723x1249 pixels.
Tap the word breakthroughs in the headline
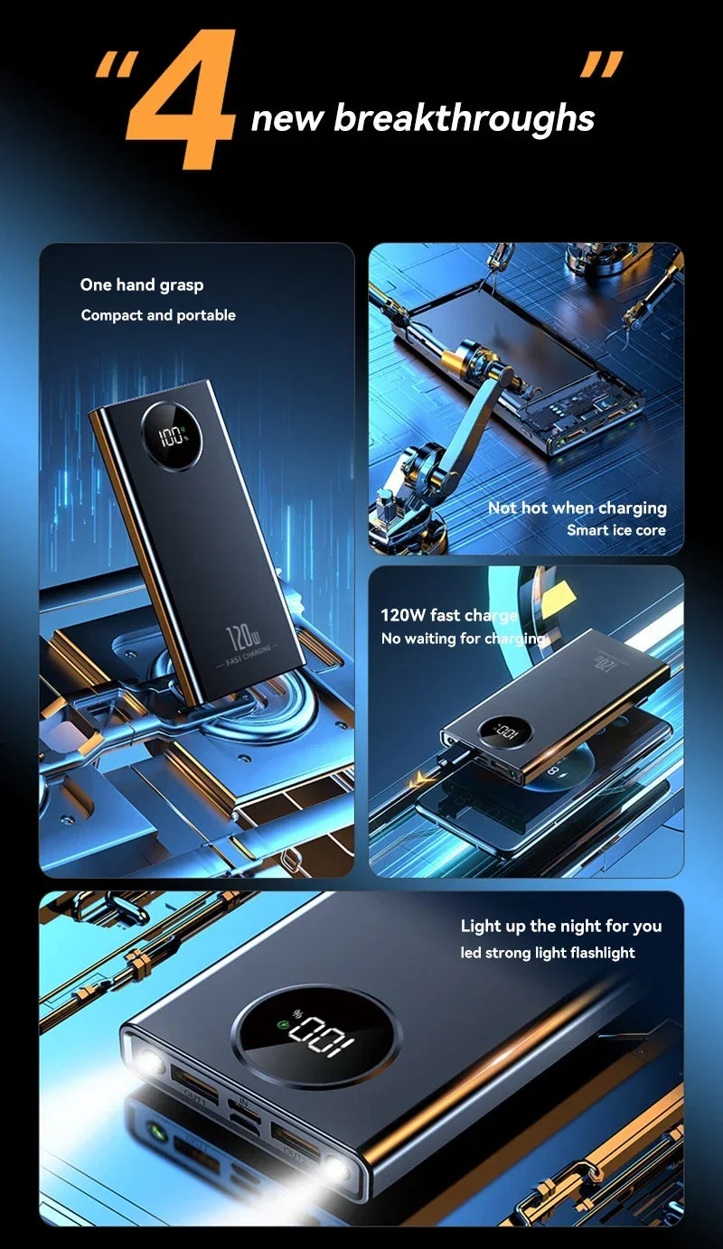click(465, 118)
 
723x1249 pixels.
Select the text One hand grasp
click(142, 285)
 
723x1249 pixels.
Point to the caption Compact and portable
click(158, 315)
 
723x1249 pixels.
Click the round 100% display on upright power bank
click(171, 441)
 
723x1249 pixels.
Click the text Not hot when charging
click(577, 508)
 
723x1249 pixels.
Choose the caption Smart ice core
click(615, 530)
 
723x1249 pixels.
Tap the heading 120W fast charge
click(448, 616)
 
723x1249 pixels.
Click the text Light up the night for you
click(560, 926)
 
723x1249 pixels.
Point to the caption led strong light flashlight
click(548, 953)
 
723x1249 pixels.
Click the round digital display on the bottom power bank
click(315, 1035)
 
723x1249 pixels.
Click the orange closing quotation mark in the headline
click(600, 66)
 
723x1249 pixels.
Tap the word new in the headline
click(286, 118)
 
